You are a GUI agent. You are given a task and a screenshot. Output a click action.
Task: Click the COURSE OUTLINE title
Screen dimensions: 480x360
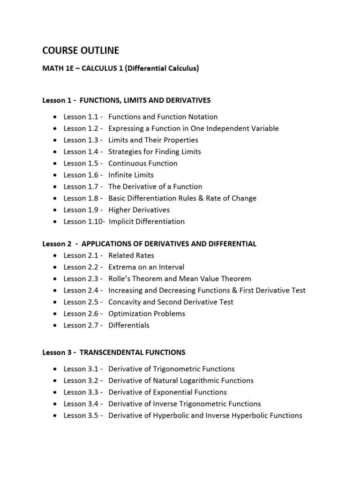tap(81, 50)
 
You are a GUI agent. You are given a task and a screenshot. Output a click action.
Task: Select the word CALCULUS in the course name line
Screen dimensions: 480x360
tap(100, 69)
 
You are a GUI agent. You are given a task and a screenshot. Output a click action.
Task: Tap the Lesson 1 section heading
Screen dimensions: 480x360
tap(127, 100)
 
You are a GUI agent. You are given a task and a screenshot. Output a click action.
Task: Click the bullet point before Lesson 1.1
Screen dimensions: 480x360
tap(56, 117)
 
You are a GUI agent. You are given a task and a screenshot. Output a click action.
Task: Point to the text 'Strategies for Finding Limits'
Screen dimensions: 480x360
tap(154, 151)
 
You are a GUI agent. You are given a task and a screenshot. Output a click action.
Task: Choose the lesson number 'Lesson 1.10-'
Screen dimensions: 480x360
tap(84, 221)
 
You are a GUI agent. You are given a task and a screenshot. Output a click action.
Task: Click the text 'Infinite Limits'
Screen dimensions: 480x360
tap(131, 175)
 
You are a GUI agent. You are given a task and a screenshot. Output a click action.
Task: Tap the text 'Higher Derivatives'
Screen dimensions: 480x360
tap(139, 210)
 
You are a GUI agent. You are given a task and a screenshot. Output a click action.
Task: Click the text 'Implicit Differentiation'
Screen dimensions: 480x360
tap(147, 221)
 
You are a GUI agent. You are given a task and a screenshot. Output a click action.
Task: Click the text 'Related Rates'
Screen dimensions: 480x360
tap(131, 255)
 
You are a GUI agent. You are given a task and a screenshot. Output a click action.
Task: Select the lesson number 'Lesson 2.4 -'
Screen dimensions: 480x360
tap(83, 291)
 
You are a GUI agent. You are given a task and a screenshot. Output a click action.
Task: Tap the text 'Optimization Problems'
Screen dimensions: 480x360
tap(146, 314)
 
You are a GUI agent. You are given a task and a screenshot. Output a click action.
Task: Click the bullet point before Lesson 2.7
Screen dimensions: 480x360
tap(56, 325)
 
